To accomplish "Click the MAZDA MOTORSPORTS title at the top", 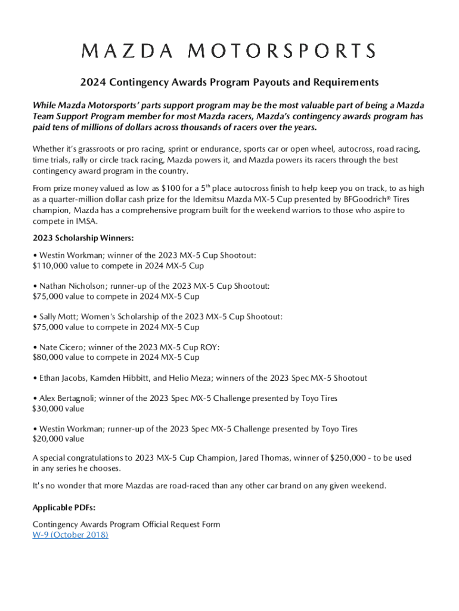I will tap(229, 51).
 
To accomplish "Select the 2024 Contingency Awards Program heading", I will tap(229, 82).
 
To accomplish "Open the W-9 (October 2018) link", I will tap(70, 535).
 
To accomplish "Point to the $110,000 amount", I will tap(52, 266).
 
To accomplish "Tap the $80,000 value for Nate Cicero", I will tap(50, 357).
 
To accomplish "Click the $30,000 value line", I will tap(58, 409).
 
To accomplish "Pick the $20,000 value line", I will tap(58, 439).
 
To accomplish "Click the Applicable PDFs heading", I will tap(64, 508).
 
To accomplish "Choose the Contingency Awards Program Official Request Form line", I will tap(126, 524).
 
